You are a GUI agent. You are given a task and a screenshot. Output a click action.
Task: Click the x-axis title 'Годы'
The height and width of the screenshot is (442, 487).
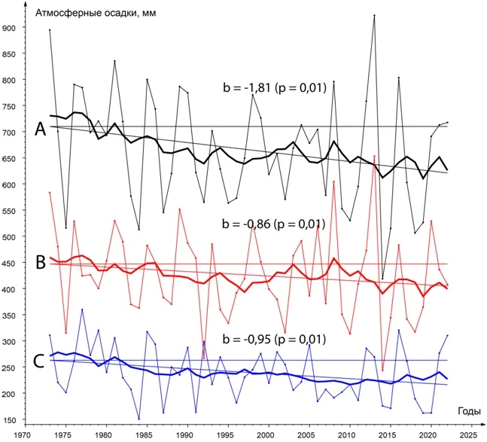point(467,410)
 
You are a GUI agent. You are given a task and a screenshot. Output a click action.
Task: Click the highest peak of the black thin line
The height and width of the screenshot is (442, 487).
point(374,15)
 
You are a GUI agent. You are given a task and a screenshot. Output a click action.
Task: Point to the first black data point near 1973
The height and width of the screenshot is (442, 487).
point(50,30)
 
